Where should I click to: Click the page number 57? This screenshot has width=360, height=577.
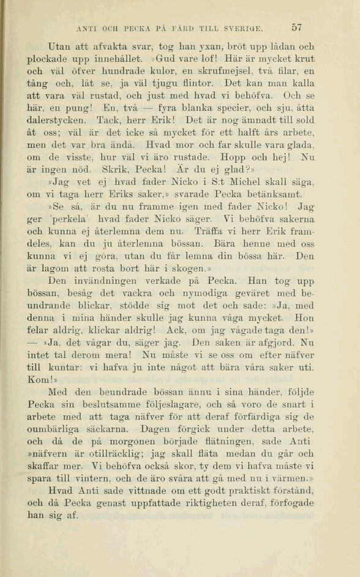click(x=298, y=28)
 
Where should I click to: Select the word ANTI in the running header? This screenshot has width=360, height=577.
click(x=84, y=28)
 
